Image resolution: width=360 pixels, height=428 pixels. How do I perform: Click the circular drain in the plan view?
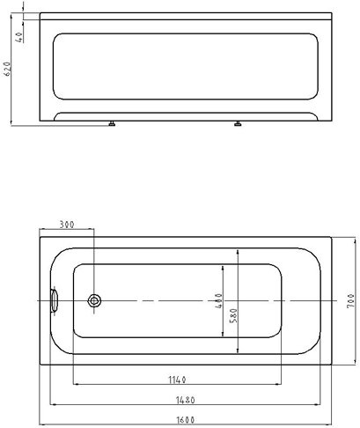95,300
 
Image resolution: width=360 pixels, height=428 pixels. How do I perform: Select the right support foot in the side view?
237,125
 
